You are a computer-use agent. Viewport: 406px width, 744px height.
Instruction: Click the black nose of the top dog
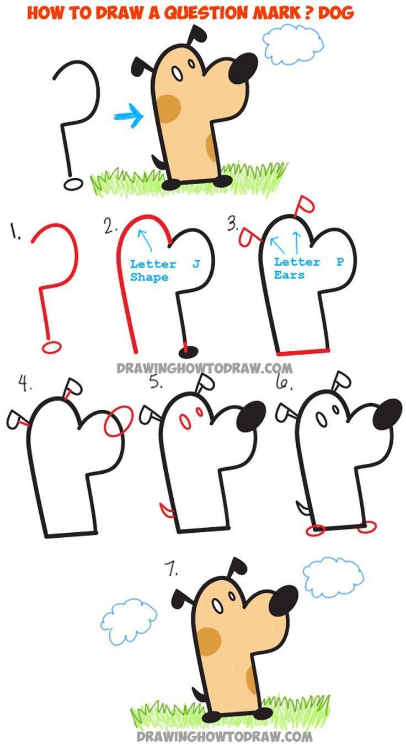(x=243, y=68)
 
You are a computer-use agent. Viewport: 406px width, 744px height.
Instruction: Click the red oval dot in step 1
(x=51, y=346)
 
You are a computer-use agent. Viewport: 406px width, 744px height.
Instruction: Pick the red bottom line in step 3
(x=304, y=350)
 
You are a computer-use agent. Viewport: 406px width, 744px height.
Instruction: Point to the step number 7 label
(x=171, y=570)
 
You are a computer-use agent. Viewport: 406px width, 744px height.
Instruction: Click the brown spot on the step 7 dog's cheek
(x=209, y=641)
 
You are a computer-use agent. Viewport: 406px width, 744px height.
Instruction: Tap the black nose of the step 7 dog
(x=284, y=603)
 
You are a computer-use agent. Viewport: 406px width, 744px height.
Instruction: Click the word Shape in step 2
(x=149, y=277)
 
